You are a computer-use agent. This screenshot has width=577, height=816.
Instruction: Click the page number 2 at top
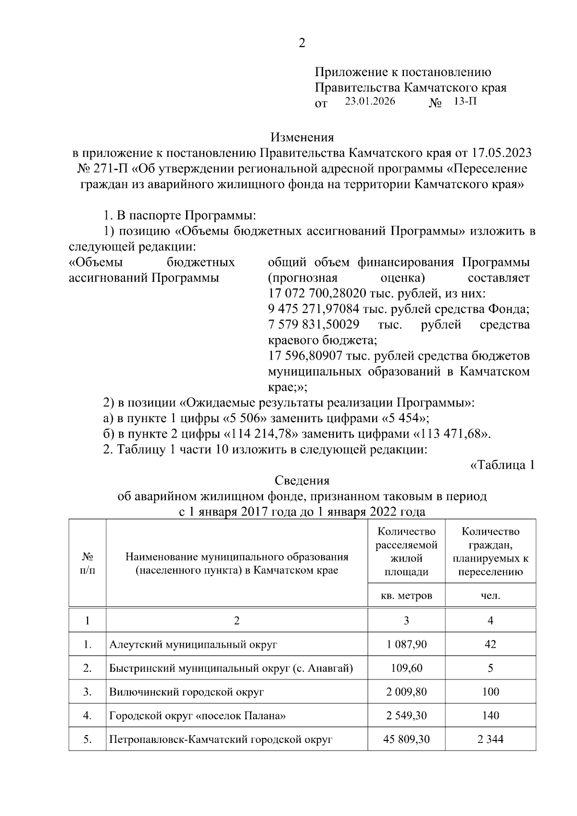click(301, 43)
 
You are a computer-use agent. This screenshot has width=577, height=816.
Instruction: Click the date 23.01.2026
click(370, 101)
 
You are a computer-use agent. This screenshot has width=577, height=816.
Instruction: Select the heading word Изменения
click(302, 138)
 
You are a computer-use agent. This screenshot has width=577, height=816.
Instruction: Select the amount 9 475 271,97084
click(313, 309)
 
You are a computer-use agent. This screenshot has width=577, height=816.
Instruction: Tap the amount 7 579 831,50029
click(313, 325)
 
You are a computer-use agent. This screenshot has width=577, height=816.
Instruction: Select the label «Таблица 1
click(502, 465)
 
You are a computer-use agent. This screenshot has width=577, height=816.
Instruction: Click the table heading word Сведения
click(302, 480)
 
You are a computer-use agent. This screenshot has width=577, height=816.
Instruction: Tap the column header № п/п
click(87, 563)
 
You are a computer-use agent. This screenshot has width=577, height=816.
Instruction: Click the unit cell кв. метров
click(406, 595)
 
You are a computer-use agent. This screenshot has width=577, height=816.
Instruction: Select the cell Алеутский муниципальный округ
click(193, 644)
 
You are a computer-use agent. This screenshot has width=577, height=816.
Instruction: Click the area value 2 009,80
click(406, 692)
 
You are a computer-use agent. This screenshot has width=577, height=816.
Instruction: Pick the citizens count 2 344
click(490, 739)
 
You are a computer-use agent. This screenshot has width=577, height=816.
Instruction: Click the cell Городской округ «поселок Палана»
click(198, 716)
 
